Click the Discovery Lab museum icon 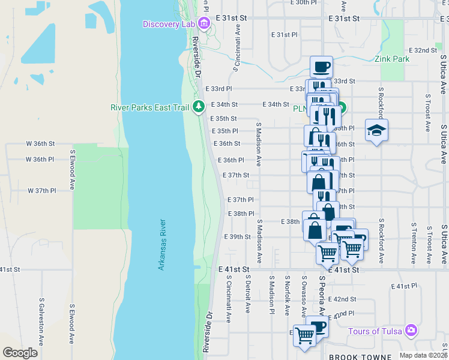click(x=203, y=23)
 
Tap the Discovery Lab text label click(x=169, y=23)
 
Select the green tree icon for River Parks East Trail click(x=199, y=107)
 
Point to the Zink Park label click(x=392, y=59)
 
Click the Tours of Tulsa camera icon click(x=411, y=331)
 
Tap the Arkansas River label click(x=161, y=244)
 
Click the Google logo click(x=20, y=352)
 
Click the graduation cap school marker click(x=376, y=131)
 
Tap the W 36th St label click(x=40, y=144)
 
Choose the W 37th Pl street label click(x=41, y=190)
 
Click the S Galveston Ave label click(x=41, y=322)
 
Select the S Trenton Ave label click(x=414, y=244)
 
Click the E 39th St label click(x=237, y=237)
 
